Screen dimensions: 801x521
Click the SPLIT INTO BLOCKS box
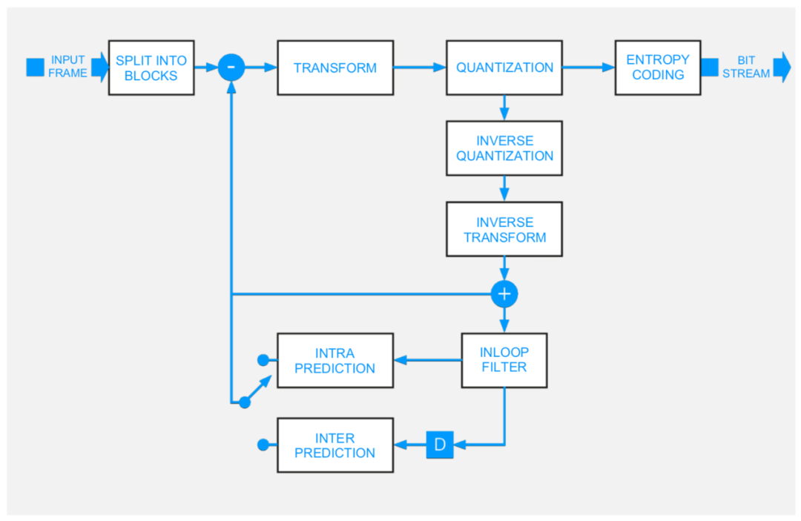click(151, 68)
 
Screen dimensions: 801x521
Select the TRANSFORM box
click(335, 68)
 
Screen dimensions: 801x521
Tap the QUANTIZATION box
click(504, 68)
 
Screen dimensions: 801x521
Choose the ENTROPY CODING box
click(658, 68)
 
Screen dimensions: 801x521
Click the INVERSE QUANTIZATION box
click(504, 148)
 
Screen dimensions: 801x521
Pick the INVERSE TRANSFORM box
click(504, 229)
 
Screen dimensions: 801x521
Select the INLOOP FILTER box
click(504, 361)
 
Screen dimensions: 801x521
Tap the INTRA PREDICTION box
click(335, 361)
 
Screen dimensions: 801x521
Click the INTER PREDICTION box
click(335, 445)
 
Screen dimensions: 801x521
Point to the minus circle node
click(231, 68)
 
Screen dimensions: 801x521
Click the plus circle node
click(504, 294)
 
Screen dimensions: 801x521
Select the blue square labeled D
click(440, 445)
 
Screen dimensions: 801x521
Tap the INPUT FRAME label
click(67, 67)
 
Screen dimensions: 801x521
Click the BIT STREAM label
click(746, 67)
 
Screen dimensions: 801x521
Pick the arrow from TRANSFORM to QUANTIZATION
click(420, 68)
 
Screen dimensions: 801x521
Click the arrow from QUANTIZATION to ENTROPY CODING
click(589, 68)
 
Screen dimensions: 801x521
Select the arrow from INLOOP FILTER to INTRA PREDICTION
click(428, 361)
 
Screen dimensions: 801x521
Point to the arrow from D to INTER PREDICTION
click(410, 445)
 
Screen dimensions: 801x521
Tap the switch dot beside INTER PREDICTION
click(263, 445)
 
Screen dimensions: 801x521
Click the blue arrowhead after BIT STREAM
click(782, 67)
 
